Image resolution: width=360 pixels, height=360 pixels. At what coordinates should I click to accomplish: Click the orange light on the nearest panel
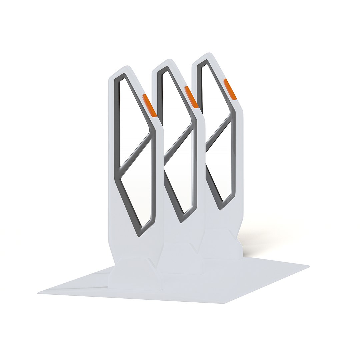149,105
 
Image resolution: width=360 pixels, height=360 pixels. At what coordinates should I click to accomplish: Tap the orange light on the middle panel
192,97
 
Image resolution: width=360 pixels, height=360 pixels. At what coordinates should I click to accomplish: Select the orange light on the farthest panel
230,89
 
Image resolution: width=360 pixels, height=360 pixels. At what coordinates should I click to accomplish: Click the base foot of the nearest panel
135,273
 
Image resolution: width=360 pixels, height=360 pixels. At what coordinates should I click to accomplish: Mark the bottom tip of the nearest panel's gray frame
139,235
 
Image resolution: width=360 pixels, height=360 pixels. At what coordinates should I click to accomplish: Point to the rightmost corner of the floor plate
309,266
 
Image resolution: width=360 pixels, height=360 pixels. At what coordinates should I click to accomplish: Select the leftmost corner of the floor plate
38,293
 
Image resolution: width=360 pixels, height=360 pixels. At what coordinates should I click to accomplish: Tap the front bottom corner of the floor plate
224,303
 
